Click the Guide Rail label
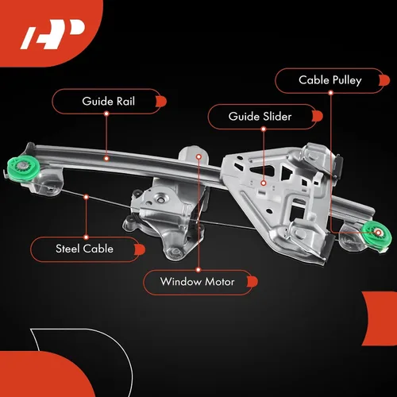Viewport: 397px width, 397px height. pos(109,102)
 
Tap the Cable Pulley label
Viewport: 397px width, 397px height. pos(332,80)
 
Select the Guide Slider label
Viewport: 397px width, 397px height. pos(265,117)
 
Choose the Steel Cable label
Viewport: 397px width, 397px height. pos(87,249)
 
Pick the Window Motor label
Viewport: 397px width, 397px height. pos(200,282)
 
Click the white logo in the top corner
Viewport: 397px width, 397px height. pos(53,34)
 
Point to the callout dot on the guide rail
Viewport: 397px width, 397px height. pos(106,159)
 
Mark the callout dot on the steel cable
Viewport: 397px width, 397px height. pos(86,197)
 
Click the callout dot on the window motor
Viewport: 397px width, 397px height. pos(198,157)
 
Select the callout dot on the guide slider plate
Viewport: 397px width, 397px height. pos(264,183)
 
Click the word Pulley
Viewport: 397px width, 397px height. pos(347,80)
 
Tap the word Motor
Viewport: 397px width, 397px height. pos(220,282)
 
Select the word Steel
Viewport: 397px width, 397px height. pos(67,249)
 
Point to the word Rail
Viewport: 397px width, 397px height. pos(125,101)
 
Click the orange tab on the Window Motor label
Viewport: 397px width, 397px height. pos(252,282)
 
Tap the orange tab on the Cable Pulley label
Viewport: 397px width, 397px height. pos(384,80)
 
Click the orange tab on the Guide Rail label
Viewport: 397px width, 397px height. pos(161,102)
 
